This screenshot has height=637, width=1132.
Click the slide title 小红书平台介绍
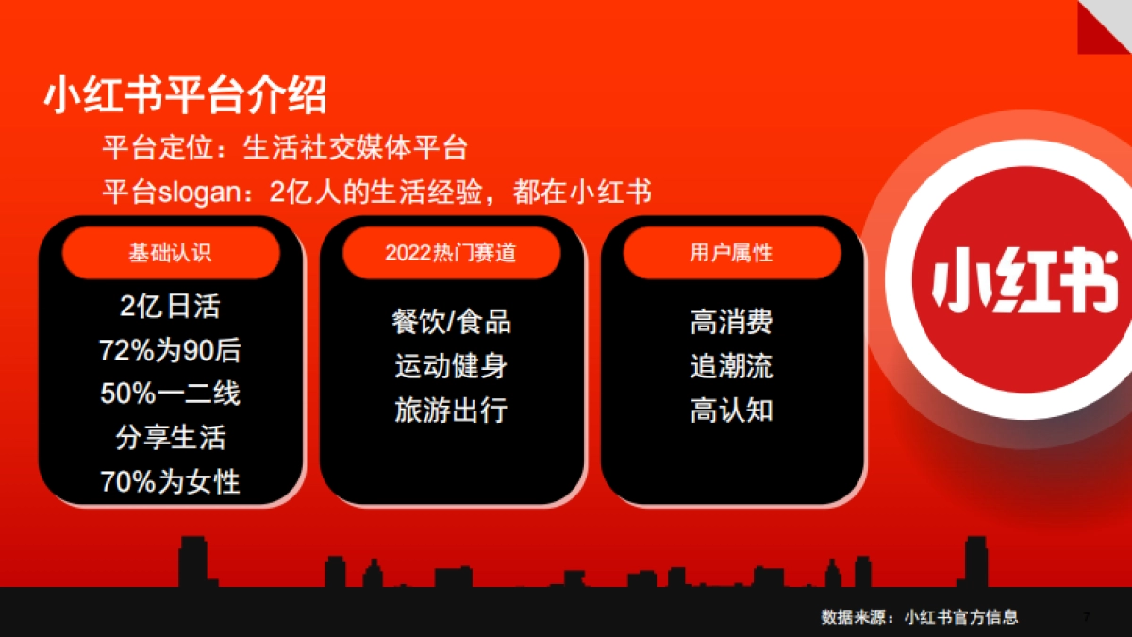click(186, 95)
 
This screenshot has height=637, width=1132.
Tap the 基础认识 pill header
click(171, 253)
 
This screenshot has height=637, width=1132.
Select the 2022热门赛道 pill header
click(451, 253)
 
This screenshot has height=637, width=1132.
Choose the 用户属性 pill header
click(732, 253)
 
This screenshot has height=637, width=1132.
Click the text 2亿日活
click(171, 307)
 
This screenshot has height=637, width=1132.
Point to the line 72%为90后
click(171, 350)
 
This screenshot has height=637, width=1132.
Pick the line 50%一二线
click(171, 393)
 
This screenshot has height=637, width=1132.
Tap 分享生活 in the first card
click(171, 437)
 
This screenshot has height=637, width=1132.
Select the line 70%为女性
click(171, 480)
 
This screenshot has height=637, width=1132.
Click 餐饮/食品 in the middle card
click(452, 322)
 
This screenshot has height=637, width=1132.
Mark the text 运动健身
click(452, 366)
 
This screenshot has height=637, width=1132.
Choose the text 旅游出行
click(452, 410)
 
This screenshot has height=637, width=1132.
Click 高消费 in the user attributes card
click(732, 322)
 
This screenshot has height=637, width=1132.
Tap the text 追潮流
click(732, 366)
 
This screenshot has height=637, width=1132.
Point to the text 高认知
click(732, 410)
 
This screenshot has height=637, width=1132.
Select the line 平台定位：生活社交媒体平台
click(285, 148)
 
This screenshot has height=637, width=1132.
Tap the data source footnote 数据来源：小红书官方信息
click(920, 617)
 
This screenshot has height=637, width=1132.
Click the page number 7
click(1086, 617)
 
